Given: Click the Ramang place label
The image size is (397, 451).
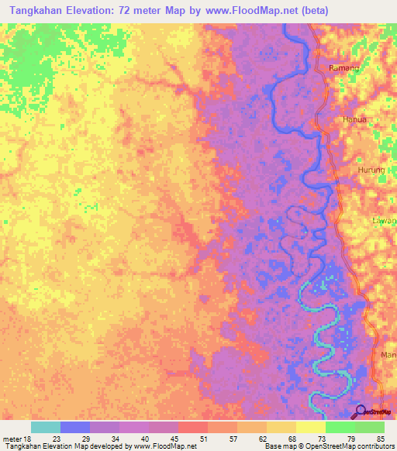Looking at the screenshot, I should click(344, 68).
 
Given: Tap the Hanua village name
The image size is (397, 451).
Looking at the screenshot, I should click(354, 120).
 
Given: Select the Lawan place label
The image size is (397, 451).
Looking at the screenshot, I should click(384, 220).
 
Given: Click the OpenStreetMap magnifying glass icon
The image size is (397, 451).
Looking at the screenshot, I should click(360, 412).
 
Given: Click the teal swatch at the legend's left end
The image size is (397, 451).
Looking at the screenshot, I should click(46, 427).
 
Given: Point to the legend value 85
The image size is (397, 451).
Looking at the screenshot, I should click(379, 438).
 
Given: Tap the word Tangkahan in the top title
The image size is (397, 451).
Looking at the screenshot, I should click(38, 11).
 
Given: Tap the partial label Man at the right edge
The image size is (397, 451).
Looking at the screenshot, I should click(388, 355).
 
